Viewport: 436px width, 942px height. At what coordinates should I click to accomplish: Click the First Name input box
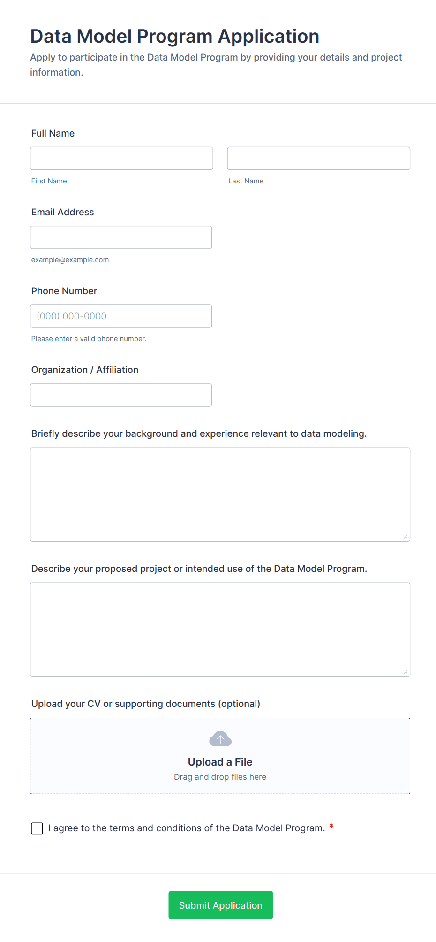121,159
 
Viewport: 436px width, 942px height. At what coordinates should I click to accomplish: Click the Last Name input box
318,159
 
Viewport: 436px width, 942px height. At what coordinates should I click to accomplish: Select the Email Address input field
121,237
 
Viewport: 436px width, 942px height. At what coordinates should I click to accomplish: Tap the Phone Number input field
121,316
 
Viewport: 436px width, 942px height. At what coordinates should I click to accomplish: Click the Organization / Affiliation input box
121,395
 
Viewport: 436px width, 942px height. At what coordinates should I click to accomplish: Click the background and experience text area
220,494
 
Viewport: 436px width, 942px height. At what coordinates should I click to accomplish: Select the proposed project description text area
220,630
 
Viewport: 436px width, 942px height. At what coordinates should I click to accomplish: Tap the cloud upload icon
220,739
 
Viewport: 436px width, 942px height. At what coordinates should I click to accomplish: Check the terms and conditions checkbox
37,828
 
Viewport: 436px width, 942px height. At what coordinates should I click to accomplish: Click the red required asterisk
331,826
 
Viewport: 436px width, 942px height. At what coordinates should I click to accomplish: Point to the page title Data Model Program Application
174,37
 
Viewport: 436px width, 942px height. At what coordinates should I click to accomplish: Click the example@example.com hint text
70,260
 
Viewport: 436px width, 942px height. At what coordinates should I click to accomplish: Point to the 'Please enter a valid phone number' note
89,339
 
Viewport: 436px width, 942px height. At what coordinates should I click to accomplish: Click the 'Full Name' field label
53,133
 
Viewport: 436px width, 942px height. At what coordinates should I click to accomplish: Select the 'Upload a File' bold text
220,762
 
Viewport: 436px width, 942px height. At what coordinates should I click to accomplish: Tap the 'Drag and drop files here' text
220,777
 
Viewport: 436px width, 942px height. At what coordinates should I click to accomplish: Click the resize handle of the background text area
406,537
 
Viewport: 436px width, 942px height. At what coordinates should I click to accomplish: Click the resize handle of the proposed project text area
406,672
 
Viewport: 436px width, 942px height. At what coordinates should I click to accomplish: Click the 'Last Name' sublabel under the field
246,181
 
